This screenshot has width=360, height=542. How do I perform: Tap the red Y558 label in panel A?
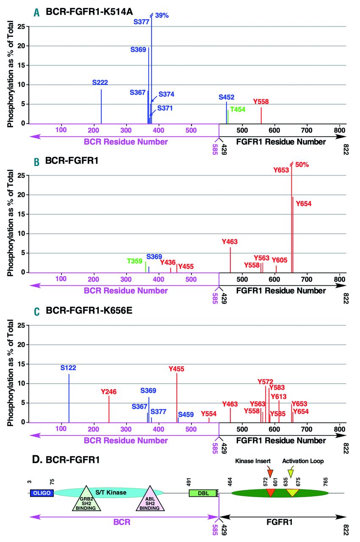(x=261, y=102)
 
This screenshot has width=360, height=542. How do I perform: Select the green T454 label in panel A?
(x=238, y=109)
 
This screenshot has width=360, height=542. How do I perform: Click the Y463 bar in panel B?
(x=230, y=260)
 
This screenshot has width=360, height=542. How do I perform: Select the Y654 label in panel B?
(x=304, y=204)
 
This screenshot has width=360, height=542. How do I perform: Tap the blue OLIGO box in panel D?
(x=42, y=493)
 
